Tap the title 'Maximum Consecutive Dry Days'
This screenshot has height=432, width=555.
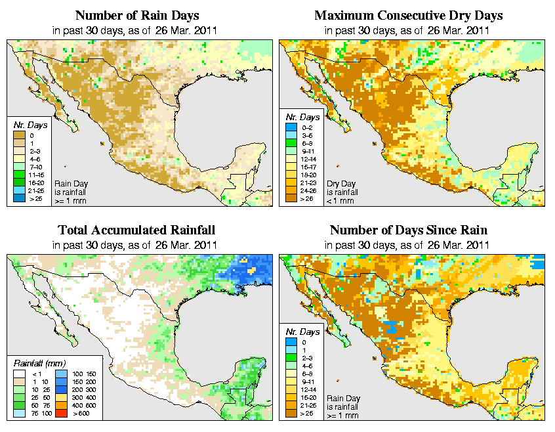409,15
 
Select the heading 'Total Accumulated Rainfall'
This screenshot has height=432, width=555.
136,230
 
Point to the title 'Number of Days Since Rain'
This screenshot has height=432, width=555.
409,230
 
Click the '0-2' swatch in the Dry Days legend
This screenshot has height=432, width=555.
291,135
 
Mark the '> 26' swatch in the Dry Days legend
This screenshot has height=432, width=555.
291,198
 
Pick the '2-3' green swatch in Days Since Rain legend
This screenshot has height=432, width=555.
291,357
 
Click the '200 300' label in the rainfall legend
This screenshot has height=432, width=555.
80,390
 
